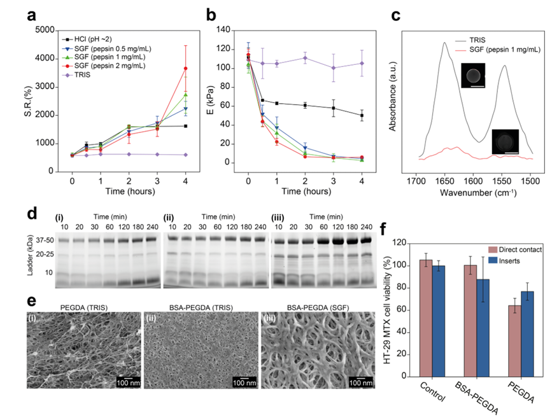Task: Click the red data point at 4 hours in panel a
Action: (186, 68)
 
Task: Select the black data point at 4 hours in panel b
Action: (362, 115)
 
